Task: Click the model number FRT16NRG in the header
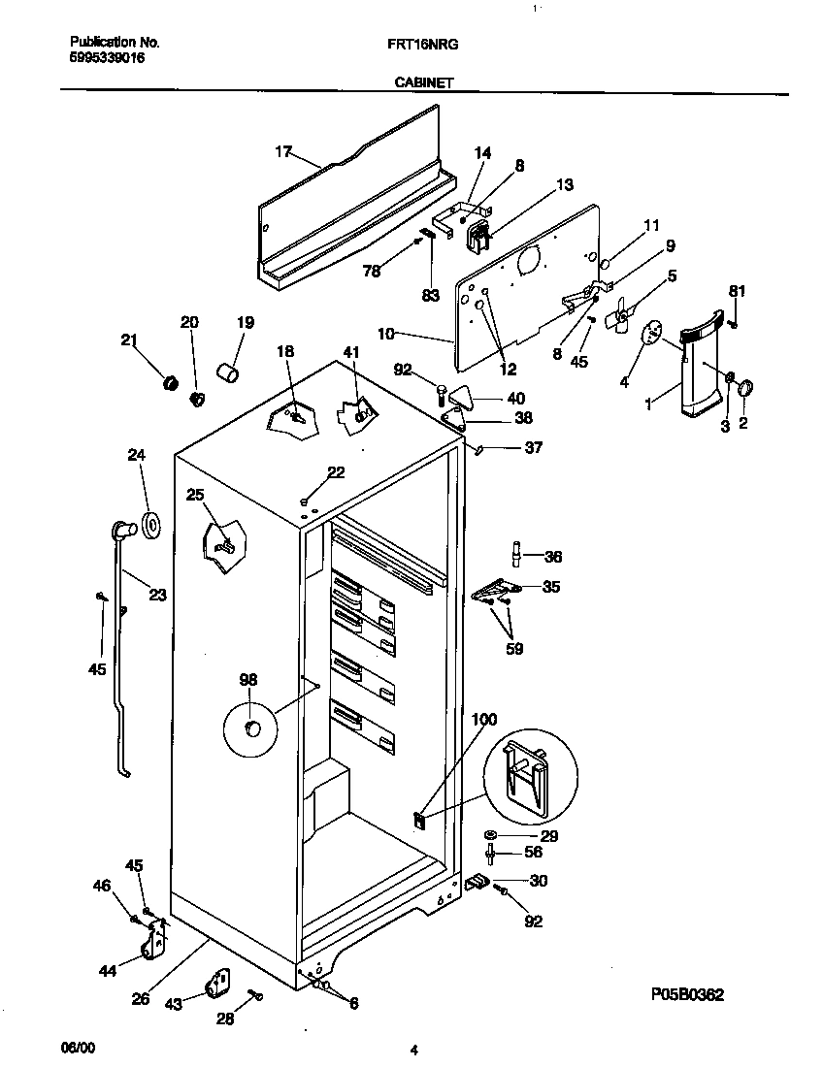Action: (x=428, y=44)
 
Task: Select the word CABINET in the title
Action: (x=423, y=83)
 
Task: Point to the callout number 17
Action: (x=282, y=151)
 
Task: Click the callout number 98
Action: (x=248, y=680)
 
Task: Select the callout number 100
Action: (x=483, y=719)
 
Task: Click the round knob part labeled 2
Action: (x=746, y=389)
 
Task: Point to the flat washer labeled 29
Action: (x=490, y=835)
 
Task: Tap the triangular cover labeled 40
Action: (x=464, y=396)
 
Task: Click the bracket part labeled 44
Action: (x=152, y=945)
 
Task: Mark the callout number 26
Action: (x=141, y=999)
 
